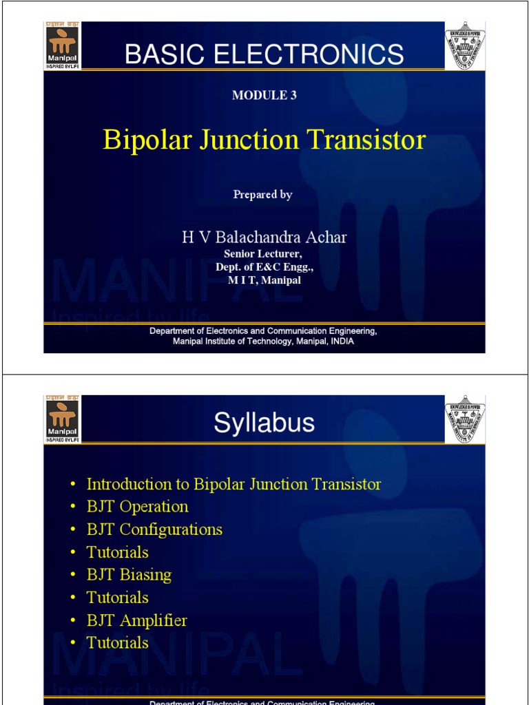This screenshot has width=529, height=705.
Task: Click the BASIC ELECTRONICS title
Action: tap(264, 54)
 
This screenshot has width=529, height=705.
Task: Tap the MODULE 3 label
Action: tap(264, 96)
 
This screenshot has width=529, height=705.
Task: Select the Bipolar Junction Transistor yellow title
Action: tap(264, 140)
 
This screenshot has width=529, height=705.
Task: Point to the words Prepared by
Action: tap(262, 195)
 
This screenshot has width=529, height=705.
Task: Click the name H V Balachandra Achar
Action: tap(264, 238)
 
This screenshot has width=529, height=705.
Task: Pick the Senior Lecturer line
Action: tap(263, 254)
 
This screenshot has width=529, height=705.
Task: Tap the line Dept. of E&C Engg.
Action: tap(264, 267)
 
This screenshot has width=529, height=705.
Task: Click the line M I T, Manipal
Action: tap(264, 280)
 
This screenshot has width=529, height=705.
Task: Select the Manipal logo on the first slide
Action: tap(62, 45)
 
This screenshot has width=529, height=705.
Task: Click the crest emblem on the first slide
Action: tap(465, 45)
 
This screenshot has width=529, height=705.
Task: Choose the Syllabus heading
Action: tap(264, 423)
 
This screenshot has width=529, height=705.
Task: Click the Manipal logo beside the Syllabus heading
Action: tap(62, 419)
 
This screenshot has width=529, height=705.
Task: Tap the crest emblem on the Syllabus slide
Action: tap(465, 419)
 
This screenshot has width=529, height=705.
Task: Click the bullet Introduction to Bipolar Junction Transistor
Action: tap(234, 484)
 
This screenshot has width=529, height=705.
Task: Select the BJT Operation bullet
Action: tap(137, 507)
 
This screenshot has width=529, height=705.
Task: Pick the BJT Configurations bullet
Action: tap(154, 529)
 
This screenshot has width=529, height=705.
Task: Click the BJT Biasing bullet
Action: tap(129, 575)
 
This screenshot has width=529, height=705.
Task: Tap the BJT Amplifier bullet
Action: tap(136, 620)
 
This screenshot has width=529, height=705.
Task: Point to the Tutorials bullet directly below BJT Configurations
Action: tap(117, 552)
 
